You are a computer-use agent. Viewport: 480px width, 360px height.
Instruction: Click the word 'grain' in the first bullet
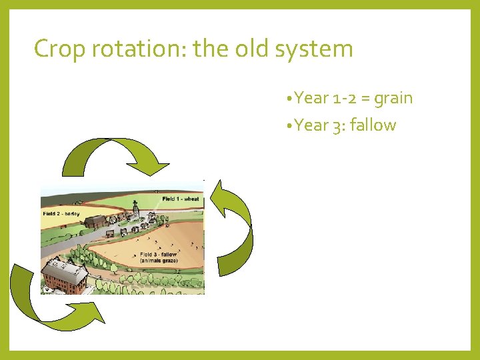393,99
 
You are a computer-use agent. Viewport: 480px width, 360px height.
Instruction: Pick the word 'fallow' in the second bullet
372,125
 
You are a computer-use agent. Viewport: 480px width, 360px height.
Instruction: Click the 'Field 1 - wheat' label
181,199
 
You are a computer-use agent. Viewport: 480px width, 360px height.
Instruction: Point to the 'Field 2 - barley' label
62,213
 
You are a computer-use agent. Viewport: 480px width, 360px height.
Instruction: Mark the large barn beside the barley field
97,221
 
